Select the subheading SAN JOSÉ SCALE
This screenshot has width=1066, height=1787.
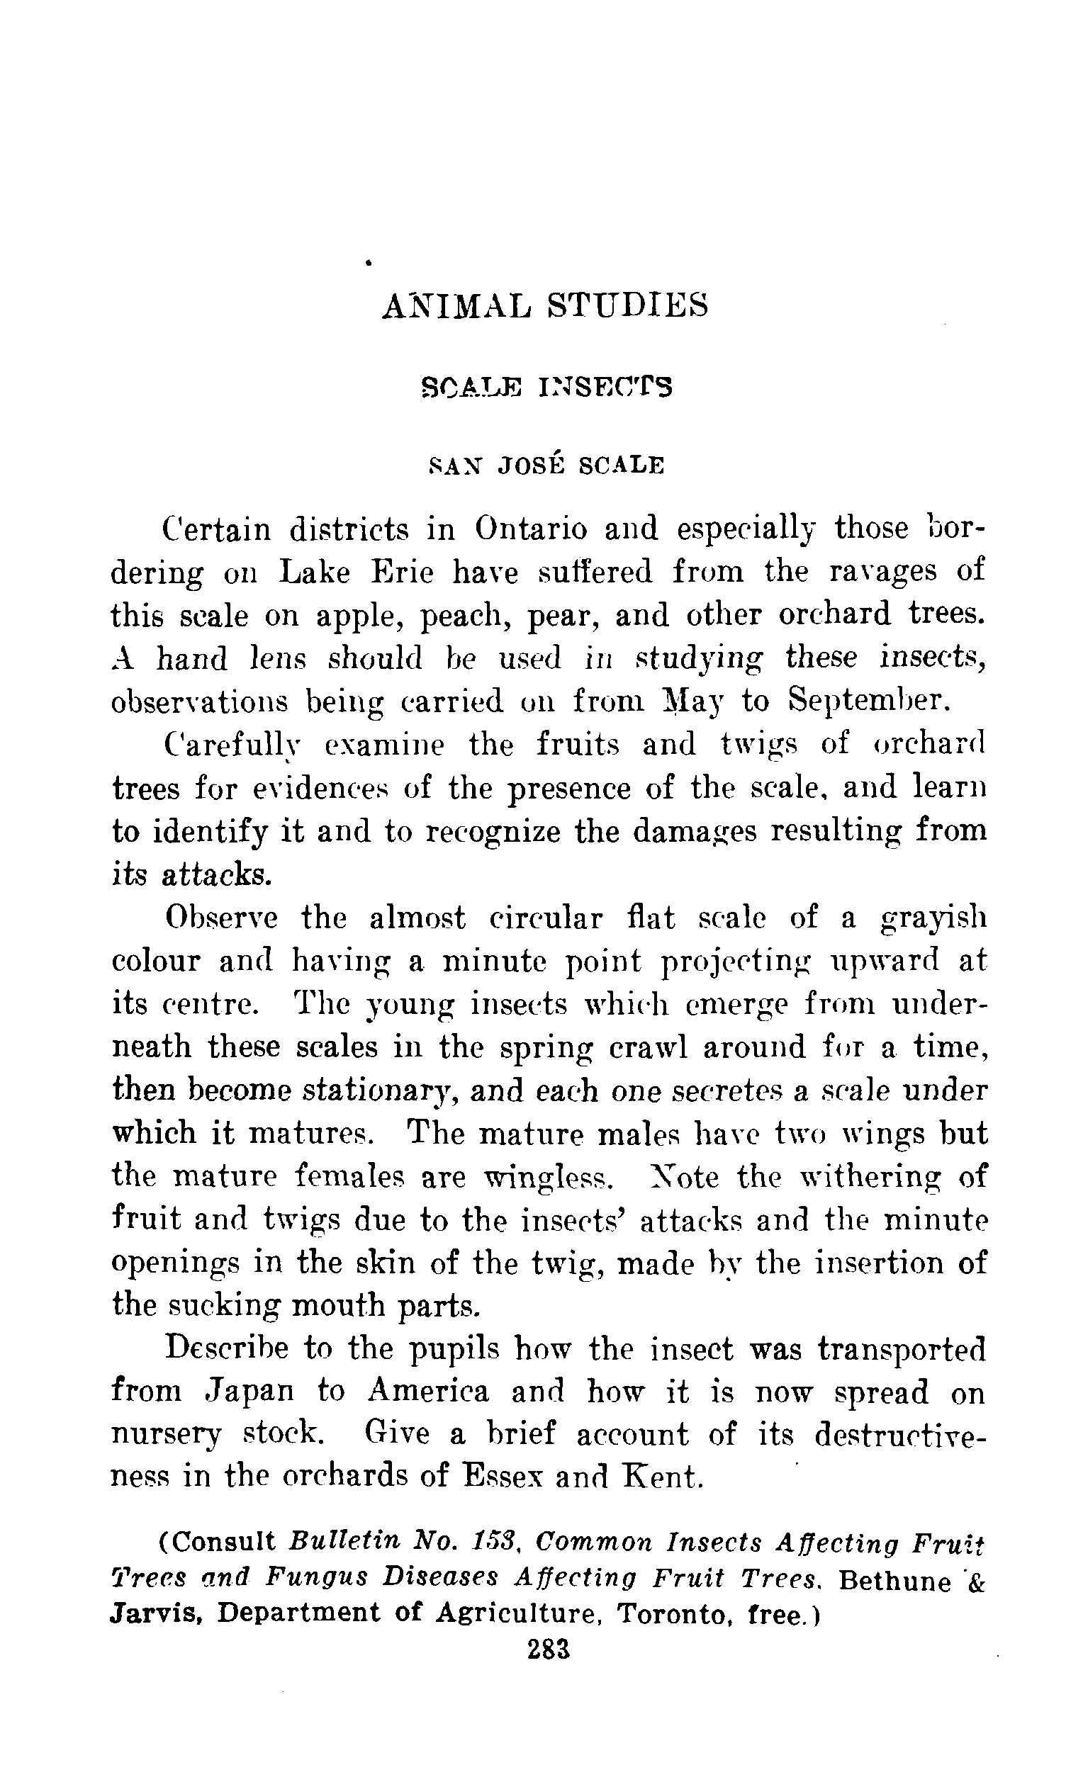(x=546, y=466)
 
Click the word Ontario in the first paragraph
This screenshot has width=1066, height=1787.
(x=531, y=529)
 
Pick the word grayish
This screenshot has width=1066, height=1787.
(x=933, y=919)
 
